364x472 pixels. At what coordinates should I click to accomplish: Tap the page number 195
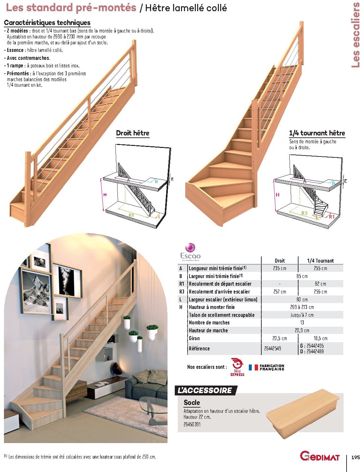point(355,457)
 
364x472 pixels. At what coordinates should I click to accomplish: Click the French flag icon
point(253,367)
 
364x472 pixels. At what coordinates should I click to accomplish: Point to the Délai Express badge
point(237,367)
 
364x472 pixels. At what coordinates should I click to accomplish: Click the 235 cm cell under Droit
point(280,268)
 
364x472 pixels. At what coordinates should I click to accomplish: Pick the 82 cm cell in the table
point(320,284)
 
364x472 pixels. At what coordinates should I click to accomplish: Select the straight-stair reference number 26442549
point(273,348)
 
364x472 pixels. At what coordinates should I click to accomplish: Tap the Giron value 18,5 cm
point(320,338)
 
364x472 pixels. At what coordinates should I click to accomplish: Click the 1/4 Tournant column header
point(320,261)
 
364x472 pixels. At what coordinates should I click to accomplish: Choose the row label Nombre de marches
point(209,322)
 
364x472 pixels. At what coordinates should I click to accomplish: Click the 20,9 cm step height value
point(302,330)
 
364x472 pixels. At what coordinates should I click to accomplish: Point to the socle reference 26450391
point(192,424)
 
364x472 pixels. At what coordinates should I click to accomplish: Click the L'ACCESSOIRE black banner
point(205,390)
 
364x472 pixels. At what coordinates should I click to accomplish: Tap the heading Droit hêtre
point(133,133)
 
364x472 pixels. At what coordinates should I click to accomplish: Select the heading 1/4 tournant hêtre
point(317,133)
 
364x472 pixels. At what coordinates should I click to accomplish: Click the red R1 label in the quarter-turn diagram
point(332,217)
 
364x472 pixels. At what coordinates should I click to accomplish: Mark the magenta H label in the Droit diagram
point(105,195)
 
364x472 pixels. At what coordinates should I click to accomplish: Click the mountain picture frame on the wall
point(37,291)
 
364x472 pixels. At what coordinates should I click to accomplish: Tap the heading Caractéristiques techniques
point(47,23)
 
